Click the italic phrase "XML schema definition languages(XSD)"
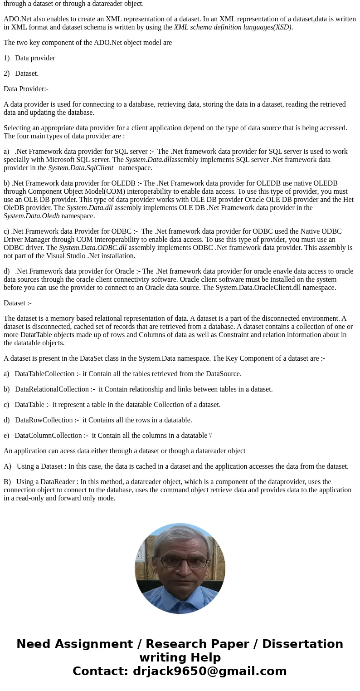coord(233,27)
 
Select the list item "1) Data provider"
coord(29,58)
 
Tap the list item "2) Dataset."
coord(21,74)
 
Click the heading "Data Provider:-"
coord(26,89)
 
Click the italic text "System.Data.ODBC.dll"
coord(92,248)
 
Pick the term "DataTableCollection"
coord(44,374)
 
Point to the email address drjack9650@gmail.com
coord(209,671)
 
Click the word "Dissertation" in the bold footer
coord(302,644)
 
